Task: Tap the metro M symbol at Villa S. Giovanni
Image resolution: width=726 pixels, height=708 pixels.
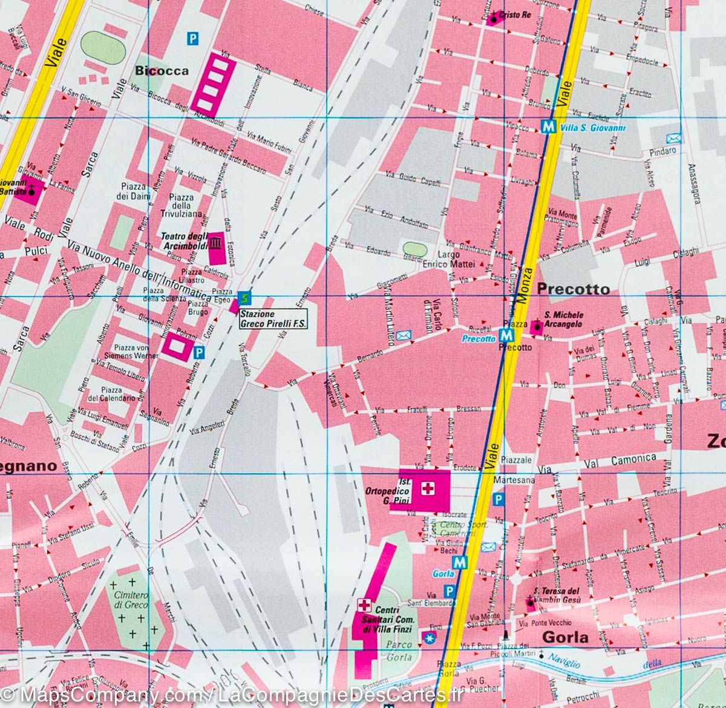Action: click(x=548, y=127)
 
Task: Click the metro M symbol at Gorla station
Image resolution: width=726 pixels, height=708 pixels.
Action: click(x=460, y=562)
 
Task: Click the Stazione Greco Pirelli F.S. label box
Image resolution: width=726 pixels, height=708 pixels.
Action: click(x=273, y=320)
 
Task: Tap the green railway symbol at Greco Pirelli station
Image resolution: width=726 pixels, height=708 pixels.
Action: click(x=243, y=297)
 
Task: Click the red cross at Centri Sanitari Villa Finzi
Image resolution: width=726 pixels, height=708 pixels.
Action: click(x=364, y=605)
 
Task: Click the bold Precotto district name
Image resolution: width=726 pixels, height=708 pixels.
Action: click(x=574, y=289)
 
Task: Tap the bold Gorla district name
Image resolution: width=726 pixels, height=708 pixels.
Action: click(x=565, y=637)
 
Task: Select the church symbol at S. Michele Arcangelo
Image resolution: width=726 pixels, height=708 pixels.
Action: click(x=536, y=327)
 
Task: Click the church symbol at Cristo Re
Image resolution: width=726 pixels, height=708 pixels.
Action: click(x=494, y=19)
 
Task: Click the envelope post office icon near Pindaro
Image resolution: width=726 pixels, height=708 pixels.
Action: click(x=673, y=139)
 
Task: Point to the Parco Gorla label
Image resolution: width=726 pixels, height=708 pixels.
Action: click(x=399, y=651)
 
